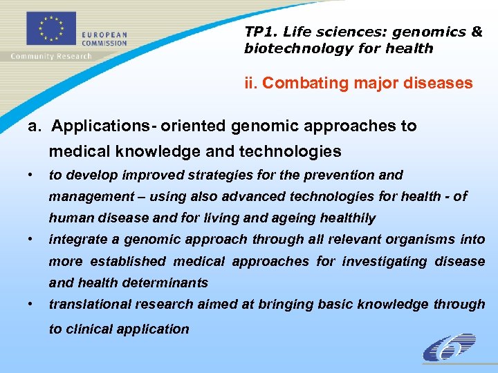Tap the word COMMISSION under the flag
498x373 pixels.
pos(104,43)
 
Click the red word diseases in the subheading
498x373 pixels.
pos(440,84)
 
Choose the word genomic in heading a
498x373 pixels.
pos(264,126)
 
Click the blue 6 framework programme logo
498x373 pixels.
pos(449,347)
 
